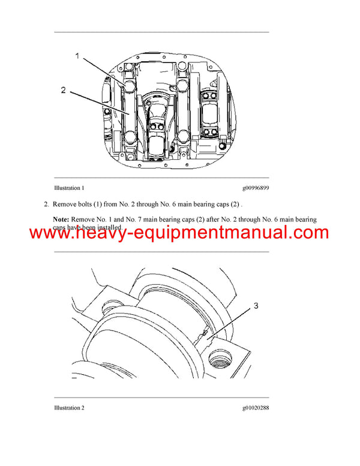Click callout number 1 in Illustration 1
pos(77,56)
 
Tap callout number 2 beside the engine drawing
pos(63,91)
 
